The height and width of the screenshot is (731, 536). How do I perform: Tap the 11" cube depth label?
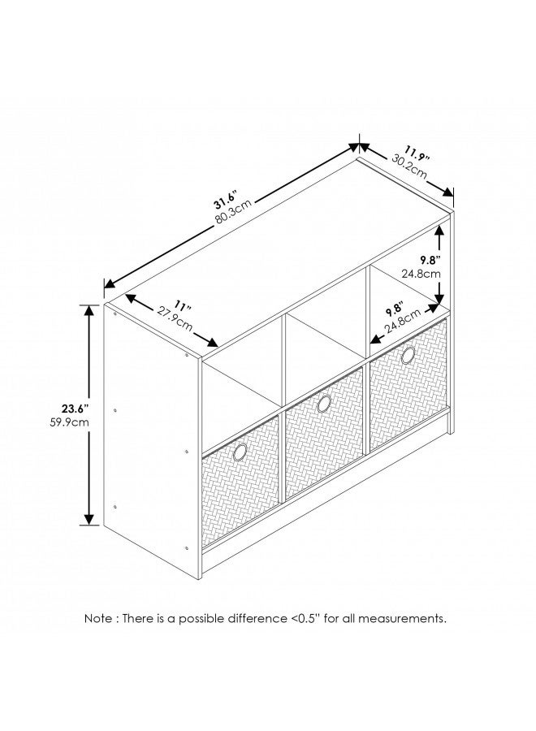(x=180, y=308)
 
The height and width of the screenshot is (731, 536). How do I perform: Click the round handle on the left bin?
(x=240, y=452)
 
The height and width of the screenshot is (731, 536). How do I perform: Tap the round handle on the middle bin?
(x=324, y=404)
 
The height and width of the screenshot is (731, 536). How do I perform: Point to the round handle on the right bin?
(x=408, y=355)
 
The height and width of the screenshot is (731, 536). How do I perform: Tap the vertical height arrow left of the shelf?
(x=89, y=414)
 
